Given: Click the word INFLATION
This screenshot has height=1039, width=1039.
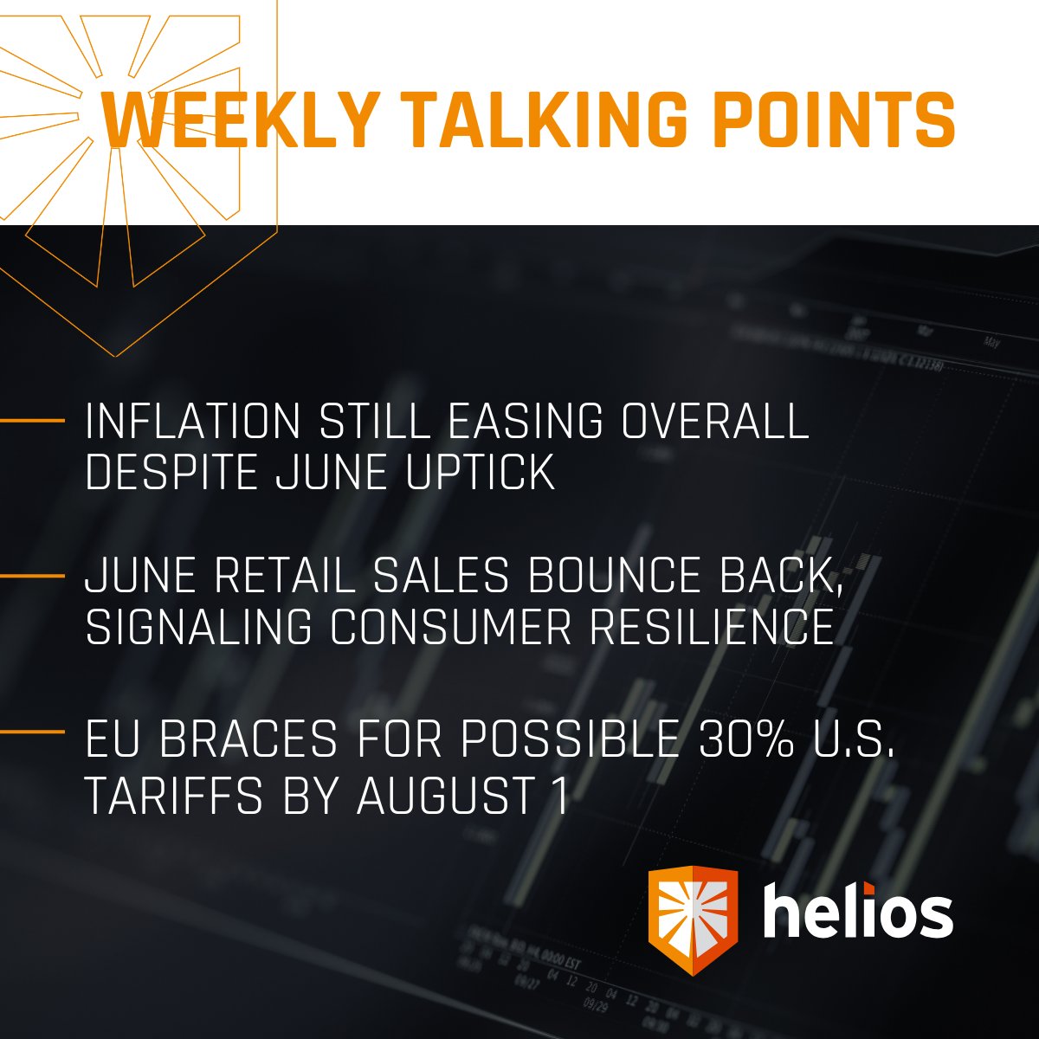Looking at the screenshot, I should pos(192,423).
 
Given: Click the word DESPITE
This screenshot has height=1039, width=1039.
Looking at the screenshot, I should pos(171,473).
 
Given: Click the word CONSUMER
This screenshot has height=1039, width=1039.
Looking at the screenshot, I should pos(450,627).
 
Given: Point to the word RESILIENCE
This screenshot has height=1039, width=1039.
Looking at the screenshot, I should pos(712,627).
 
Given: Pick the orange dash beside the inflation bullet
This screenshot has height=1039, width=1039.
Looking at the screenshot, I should pos(32,422).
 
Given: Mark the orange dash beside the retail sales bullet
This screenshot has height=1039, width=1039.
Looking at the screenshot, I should pos(32,576).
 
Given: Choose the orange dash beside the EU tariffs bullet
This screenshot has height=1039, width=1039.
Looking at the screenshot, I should pos(32,732).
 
